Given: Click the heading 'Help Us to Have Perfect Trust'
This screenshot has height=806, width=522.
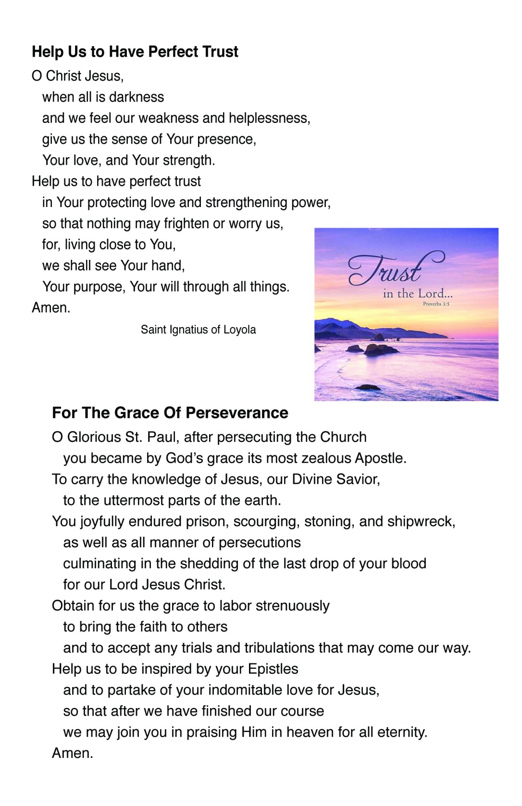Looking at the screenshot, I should click(x=135, y=52).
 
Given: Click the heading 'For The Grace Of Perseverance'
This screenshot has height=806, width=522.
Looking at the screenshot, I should click(x=170, y=413).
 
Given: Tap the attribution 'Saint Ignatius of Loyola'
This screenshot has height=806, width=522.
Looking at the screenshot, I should click(x=198, y=330).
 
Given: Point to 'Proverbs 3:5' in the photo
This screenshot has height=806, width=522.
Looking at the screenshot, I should click(x=436, y=304).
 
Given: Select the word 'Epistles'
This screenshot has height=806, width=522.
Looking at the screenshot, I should click(x=273, y=669).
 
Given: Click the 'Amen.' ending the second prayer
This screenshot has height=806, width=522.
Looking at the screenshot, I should click(x=72, y=753).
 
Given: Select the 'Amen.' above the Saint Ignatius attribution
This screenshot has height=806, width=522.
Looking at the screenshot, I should click(x=51, y=308).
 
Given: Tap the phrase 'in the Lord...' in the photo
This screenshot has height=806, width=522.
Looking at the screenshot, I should click(x=417, y=293).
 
